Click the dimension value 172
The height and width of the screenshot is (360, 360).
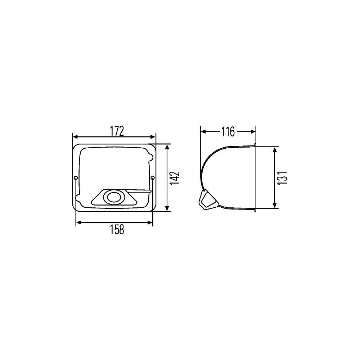117,131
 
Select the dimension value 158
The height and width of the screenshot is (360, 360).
117,230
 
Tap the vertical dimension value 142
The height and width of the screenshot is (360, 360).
175,178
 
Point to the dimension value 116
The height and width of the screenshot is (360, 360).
228,132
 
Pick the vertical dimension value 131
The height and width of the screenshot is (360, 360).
282,178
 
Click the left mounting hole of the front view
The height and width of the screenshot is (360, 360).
76,178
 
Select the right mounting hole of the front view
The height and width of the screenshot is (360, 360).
153,178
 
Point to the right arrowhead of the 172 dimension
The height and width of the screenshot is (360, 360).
153,137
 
